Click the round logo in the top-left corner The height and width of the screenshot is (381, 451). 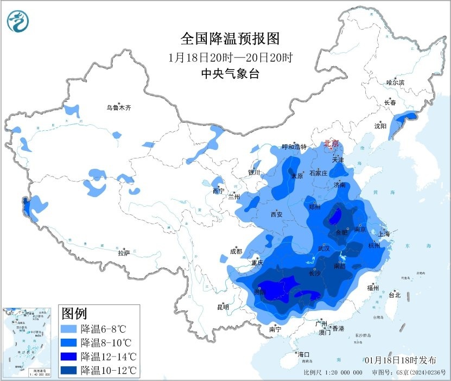[18, 21]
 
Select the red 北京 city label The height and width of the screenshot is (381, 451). [331, 144]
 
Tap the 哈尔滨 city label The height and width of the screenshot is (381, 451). [395, 82]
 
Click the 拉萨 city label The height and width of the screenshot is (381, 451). [124, 252]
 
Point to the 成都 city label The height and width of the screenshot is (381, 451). [236, 251]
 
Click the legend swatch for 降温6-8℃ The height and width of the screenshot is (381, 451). [69, 329]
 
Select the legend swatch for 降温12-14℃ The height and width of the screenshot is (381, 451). [69, 357]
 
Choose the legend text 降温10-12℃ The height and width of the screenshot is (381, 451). [107, 370]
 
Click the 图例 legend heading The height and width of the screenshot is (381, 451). [74, 314]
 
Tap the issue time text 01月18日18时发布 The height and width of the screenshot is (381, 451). [400, 360]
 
